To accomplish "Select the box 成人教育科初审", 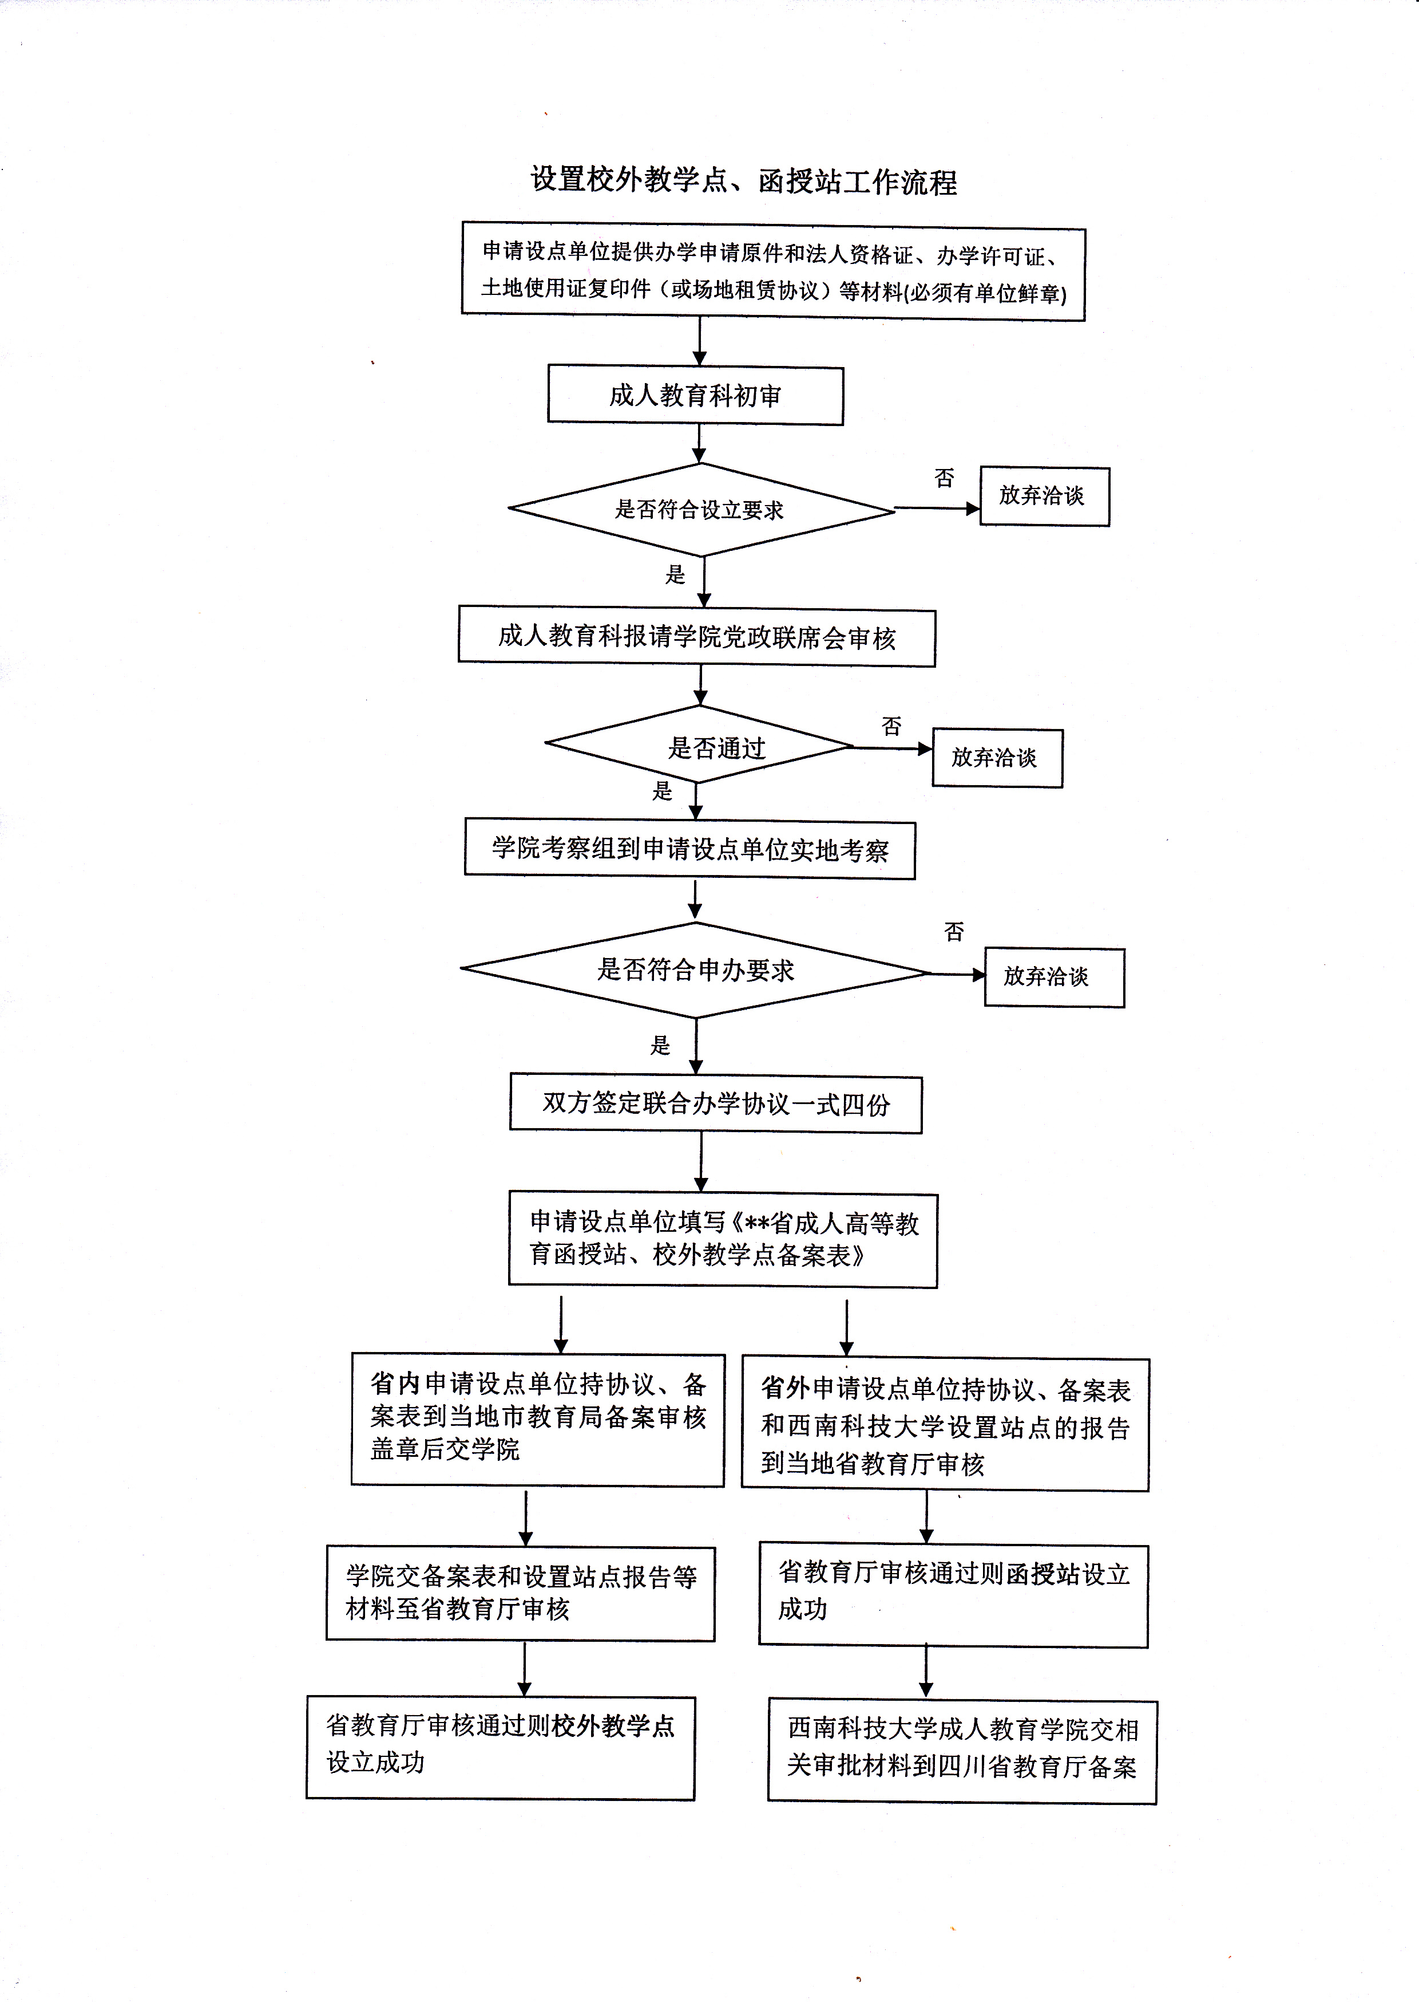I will click(696, 396).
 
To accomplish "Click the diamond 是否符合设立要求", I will click(701, 509).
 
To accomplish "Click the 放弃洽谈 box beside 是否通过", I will click(997, 758).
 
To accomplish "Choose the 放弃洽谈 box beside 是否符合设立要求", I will click(1044, 496).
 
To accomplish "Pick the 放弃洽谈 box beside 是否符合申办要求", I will click(1054, 978).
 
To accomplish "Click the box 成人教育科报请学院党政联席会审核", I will click(696, 637).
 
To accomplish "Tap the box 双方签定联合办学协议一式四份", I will click(716, 1104).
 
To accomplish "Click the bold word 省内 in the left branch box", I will click(395, 1384).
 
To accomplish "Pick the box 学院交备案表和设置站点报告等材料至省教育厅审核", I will click(521, 1593).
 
